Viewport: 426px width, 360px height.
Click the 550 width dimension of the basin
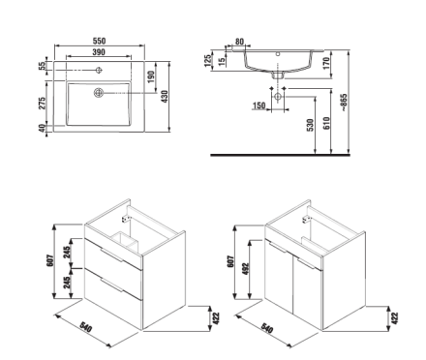(99, 41)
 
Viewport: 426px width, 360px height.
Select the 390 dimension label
(99, 52)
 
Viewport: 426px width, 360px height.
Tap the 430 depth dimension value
(165, 97)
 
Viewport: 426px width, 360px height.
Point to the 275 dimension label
(43, 104)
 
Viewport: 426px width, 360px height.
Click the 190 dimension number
(151, 76)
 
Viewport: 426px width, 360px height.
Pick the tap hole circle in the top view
(99, 70)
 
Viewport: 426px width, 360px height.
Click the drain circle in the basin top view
(99, 93)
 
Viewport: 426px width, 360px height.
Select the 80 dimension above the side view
(239, 42)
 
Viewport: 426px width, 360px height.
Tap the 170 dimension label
(326, 63)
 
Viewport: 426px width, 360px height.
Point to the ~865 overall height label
(344, 103)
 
